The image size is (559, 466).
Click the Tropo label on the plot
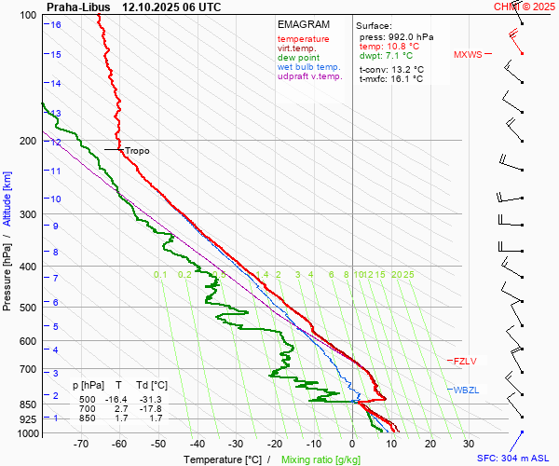tap(136, 150)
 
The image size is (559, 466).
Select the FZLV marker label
tap(464, 361)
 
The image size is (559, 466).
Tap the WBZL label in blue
tap(465, 390)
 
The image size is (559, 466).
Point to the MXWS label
tap(468, 54)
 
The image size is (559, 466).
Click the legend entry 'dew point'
tap(298, 58)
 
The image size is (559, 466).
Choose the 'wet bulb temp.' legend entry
tap(308, 67)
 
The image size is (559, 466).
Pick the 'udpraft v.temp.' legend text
tap(310, 76)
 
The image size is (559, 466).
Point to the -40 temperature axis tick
tap(197, 445)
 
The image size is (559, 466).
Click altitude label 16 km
tap(56, 25)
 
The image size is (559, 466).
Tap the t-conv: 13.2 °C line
tap(391, 69)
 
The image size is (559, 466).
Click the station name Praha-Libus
tap(79, 7)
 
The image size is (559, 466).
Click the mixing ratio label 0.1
tap(160, 275)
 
